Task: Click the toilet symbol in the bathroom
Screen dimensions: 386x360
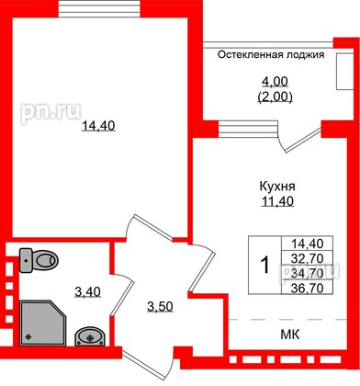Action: (40, 260)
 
